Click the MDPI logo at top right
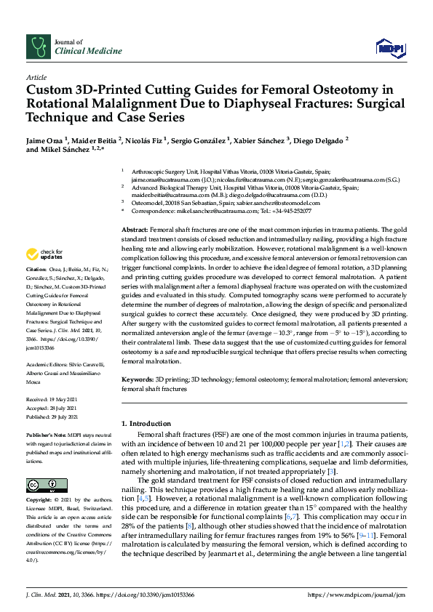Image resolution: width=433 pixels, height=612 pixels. tap(390, 48)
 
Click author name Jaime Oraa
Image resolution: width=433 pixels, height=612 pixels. tap(44, 138)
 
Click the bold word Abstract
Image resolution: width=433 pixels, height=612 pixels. tap(134, 230)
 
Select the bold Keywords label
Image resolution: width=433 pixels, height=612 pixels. tap(138, 379)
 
